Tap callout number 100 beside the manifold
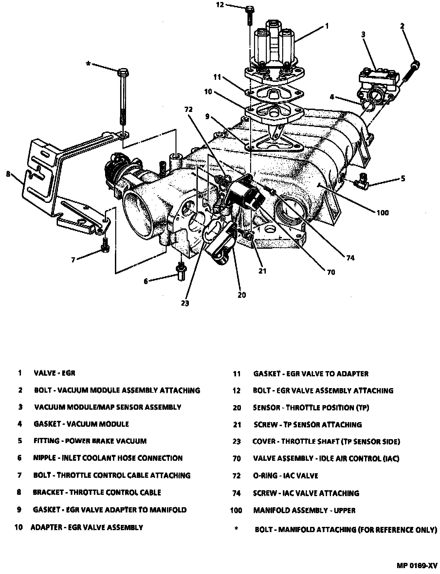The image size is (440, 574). click(382, 213)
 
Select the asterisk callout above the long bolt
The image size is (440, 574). click(88, 63)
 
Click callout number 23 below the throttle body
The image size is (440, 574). click(185, 303)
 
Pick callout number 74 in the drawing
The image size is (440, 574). click(350, 258)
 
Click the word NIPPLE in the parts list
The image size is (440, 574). click(45, 458)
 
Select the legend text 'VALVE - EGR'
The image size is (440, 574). click(54, 373)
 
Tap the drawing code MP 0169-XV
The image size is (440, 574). click(417, 565)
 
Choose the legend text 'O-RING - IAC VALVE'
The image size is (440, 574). click(285, 475)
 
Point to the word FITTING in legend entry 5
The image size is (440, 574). click(46, 441)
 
